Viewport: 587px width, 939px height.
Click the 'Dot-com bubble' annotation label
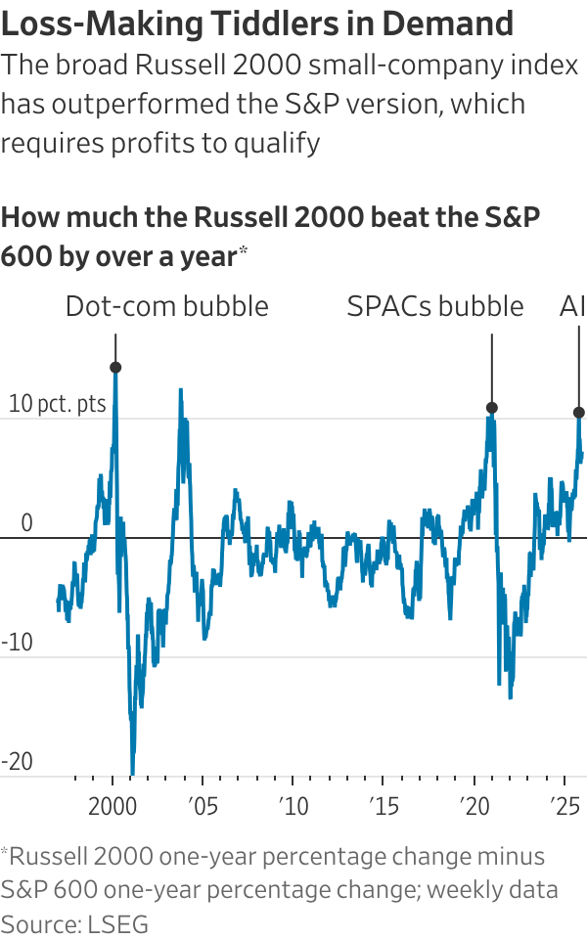click(x=166, y=306)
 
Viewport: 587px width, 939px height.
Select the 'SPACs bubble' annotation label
click(x=435, y=306)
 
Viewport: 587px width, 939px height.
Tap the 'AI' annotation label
click(x=572, y=306)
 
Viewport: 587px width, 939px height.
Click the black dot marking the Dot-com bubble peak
click(x=115, y=368)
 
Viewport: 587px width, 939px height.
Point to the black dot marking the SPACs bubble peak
click(x=492, y=407)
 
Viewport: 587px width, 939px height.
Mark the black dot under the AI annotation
click(x=579, y=413)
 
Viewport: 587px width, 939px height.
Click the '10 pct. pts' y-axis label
click(x=48, y=404)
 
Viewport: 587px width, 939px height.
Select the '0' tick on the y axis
click(x=26, y=523)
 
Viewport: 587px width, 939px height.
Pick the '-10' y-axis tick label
click(x=20, y=644)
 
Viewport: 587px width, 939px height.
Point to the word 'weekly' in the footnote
click(x=468, y=890)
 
